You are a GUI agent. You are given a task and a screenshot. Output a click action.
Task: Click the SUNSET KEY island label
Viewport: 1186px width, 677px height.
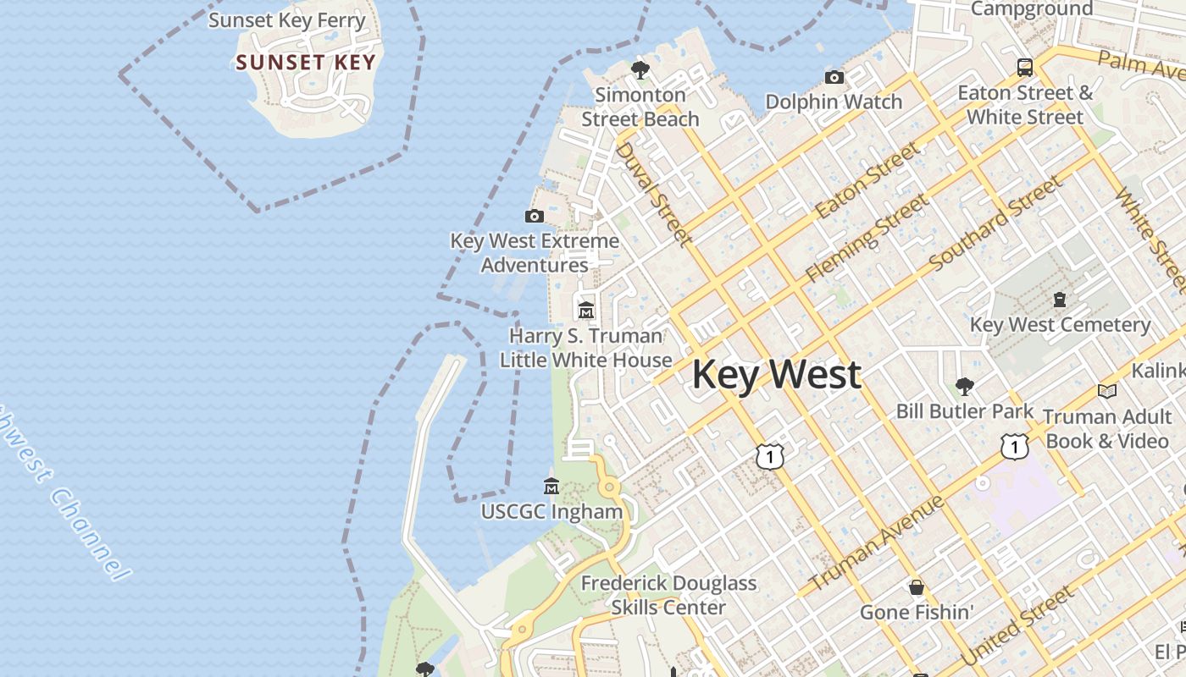point(306,62)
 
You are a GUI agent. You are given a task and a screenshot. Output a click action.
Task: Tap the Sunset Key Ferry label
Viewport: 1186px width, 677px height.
point(287,20)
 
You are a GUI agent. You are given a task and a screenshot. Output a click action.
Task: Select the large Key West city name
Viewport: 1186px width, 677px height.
point(777,375)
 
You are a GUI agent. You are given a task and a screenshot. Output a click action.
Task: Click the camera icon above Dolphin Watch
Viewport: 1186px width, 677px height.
point(834,78)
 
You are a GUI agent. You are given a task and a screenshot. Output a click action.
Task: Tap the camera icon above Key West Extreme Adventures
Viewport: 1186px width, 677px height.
point(535,216)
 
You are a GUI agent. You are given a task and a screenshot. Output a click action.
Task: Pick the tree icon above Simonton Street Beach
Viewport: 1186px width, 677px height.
point(640,69)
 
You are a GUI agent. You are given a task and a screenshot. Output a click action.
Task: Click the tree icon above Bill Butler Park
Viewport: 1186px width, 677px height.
point(964,387)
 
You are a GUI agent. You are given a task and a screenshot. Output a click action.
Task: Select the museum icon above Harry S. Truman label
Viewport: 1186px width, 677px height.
point(586,310)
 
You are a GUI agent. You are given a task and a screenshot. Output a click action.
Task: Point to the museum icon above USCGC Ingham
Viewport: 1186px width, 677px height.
point(551,487)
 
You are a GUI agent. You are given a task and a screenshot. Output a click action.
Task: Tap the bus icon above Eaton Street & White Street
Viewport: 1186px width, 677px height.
point(1025,68)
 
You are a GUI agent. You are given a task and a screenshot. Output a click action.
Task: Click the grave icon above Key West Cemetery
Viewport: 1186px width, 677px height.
point(1060,299)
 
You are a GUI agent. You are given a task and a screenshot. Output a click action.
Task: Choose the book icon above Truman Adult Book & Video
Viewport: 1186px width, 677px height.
point(1106,391)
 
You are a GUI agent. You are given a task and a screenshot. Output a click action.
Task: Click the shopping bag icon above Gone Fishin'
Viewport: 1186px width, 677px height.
point(917,586)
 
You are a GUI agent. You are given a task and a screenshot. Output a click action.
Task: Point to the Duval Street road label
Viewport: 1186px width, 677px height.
point(652,193)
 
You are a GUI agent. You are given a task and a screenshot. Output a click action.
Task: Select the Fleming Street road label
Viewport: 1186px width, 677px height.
point(867,238)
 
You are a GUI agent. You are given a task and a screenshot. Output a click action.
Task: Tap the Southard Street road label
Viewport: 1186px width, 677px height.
point(995,223)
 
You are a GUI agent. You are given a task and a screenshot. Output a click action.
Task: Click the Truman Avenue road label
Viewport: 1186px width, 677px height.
point(877,544)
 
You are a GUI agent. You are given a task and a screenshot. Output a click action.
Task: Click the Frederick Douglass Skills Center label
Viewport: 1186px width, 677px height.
point(668,595)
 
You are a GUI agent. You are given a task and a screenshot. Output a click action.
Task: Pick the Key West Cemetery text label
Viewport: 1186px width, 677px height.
point(1060,325)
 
